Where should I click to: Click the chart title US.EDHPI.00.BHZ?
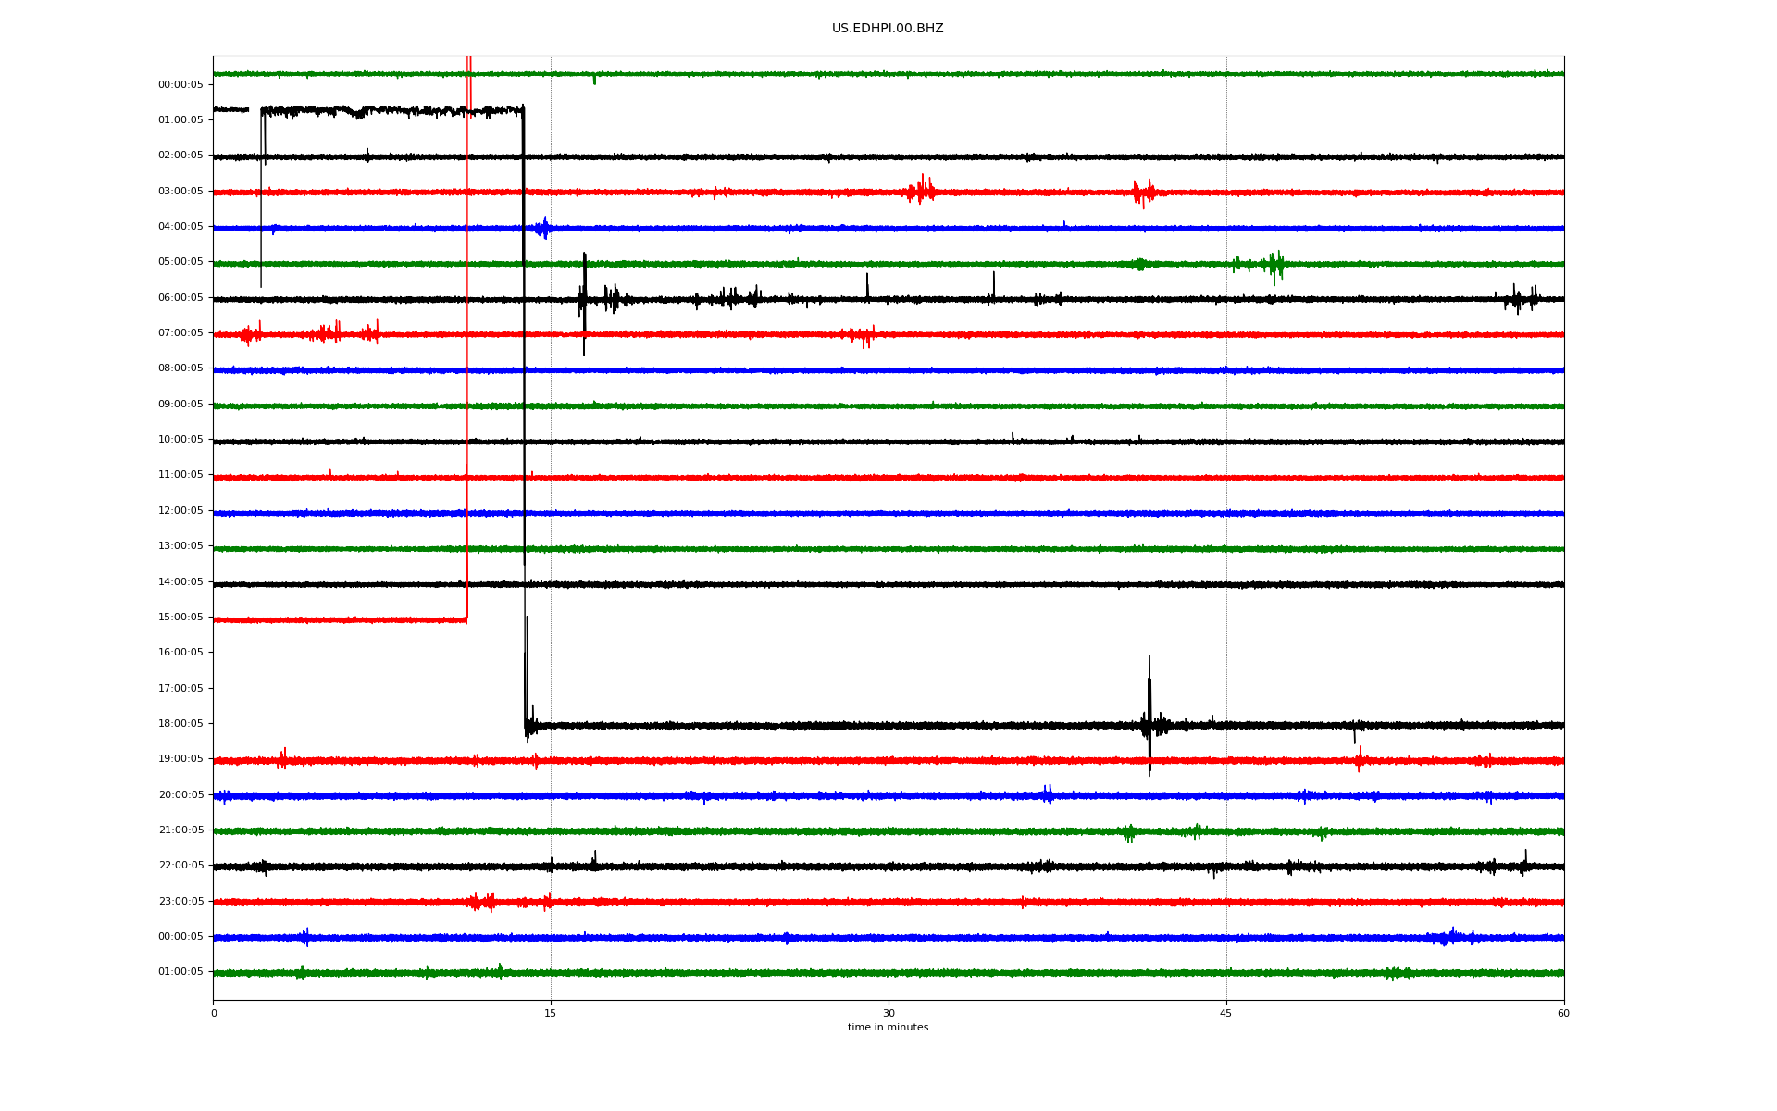click(x=888, y=29)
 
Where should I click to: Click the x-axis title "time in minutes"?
click(x=888, y=1027)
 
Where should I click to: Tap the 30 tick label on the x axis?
click(x=888, y=1013)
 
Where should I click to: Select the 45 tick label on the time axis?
click(x=1226, y=1013)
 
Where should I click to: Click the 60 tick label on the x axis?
click(x=1563, y=1013)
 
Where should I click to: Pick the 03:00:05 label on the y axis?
click(x=180, y=192)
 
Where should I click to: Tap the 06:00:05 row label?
click(x=180, y=298)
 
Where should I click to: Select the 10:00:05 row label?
click(x=180, y=440)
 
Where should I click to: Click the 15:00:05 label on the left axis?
click(x=180, y=618)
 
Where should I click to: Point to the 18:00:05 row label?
click(x=180, y=724)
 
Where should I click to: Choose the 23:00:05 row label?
click(x=180, y=902)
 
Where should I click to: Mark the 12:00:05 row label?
click(x=180, y=511)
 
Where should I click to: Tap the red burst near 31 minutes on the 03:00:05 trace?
click(x=922, y=190)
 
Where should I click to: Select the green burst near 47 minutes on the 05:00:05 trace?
click(x=1275, y=266)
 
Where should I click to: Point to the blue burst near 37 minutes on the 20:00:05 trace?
click(x=1048, y=794)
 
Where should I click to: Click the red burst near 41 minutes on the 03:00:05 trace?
click(x=1144, y=193)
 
